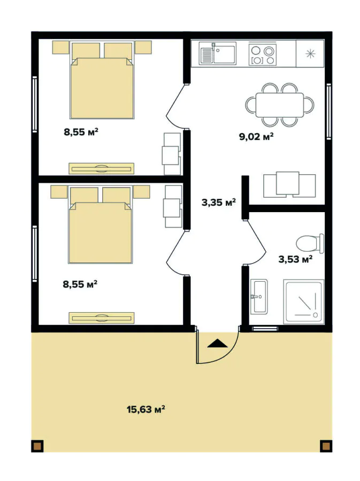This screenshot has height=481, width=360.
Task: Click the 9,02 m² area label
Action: tap(256, 136)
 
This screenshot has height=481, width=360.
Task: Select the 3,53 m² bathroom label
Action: tap(295, 260)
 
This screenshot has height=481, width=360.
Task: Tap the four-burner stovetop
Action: tap(263, 54)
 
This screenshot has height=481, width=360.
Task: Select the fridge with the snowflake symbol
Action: tap(310, 54)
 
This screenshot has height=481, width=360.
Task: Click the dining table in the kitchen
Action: tap(280, 105)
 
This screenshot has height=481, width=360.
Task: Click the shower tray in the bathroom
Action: tap(304, 301)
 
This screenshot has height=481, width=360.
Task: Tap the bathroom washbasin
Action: tap(260, 296)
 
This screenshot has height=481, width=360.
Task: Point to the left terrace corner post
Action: tap(37, 445)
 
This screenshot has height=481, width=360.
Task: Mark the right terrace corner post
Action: tap(325, 445)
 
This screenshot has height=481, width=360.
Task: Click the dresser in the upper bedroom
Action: tap(101, 168)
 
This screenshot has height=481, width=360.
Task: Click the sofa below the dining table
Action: tap(288, 184)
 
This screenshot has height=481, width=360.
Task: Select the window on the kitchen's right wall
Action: tap(329, 112)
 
